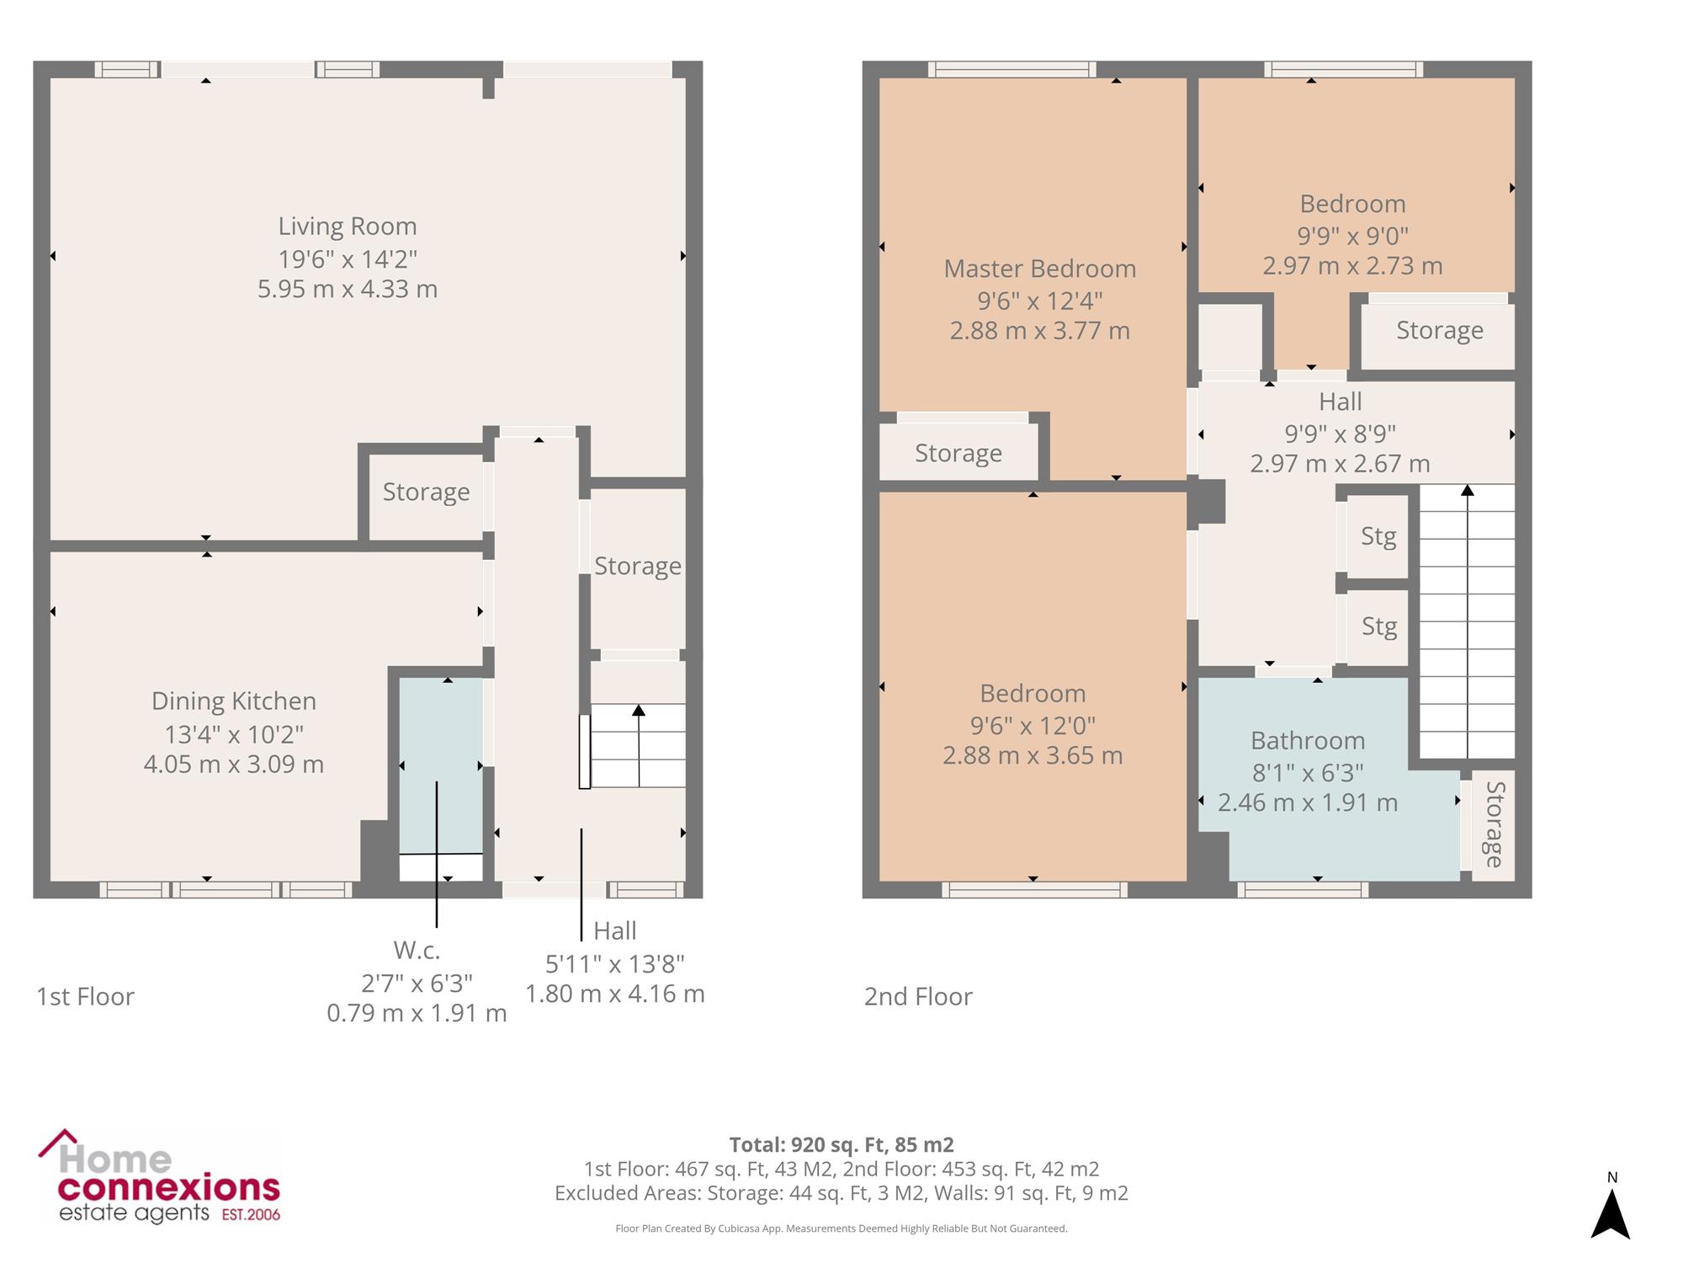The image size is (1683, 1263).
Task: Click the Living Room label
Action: (348, 226)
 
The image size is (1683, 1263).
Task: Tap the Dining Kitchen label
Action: (234, 701)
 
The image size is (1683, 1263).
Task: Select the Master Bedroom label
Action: (1040, 269)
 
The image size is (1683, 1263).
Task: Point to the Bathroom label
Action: (1308, 741)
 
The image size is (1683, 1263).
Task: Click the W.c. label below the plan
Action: (417, 951)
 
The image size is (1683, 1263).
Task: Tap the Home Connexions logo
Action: (159, 1176)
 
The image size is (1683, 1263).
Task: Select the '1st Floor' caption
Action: (85, 997)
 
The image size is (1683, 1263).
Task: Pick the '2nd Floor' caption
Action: (918, 997)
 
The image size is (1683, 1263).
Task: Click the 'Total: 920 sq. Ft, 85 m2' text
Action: (841, 1145)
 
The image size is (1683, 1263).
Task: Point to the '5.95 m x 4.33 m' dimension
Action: (348, 290)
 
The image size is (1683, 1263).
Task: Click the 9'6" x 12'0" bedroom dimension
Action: (1033, 725)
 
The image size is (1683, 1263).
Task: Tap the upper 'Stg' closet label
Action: (1378, 537)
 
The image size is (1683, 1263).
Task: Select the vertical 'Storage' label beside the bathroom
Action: (1495, 824)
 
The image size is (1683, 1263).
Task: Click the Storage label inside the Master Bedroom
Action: (958, 454)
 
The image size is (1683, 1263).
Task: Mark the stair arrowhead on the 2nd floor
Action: (1468, 490)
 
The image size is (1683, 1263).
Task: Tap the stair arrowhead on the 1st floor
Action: (639, 711)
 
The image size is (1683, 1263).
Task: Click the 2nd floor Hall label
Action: (1341, 402)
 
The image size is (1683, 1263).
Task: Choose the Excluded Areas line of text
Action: (841, 1193)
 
